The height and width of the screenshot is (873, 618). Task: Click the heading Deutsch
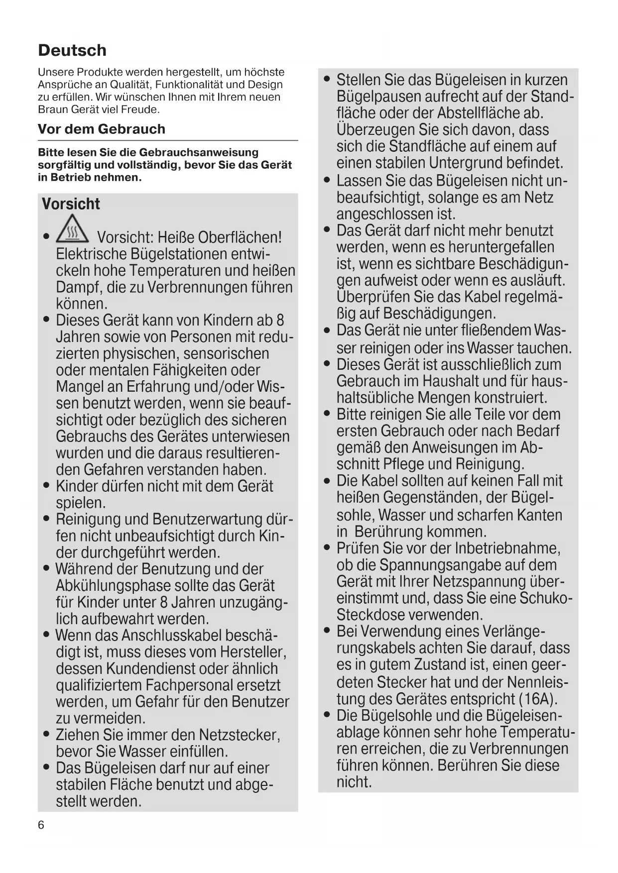pos(72,50)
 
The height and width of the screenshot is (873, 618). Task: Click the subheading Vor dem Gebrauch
pos(102,129)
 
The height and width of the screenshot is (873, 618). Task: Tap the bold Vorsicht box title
pos(71,204)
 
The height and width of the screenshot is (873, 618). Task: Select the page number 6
pos(41,825)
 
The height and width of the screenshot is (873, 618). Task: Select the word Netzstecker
pos(239,735)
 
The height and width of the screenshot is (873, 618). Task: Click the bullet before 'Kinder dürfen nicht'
pos(46,486)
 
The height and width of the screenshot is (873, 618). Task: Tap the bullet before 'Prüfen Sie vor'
pos(327,548)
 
